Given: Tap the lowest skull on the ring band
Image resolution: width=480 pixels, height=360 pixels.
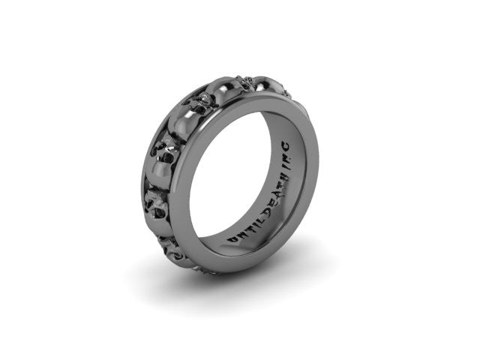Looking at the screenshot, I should (171, 251).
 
